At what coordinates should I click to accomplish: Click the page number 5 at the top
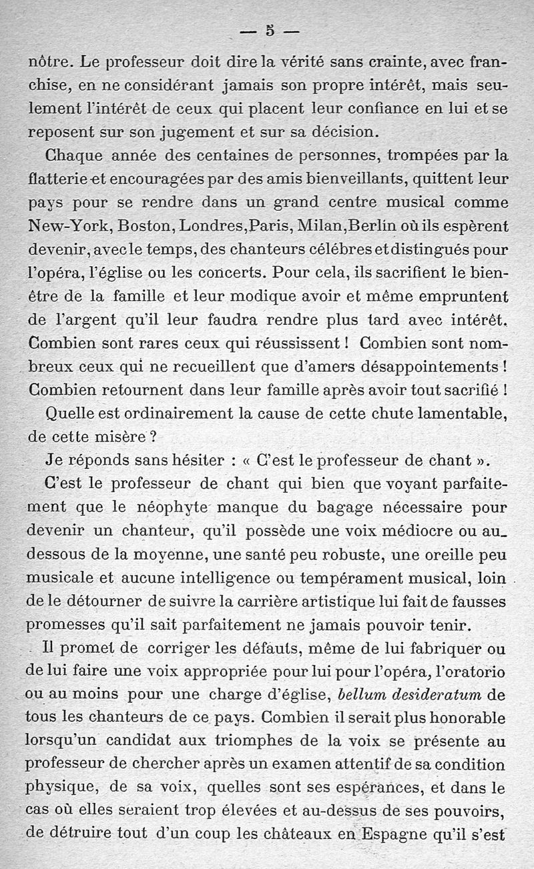point(270,30)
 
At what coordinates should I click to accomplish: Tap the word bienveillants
point(350,178)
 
